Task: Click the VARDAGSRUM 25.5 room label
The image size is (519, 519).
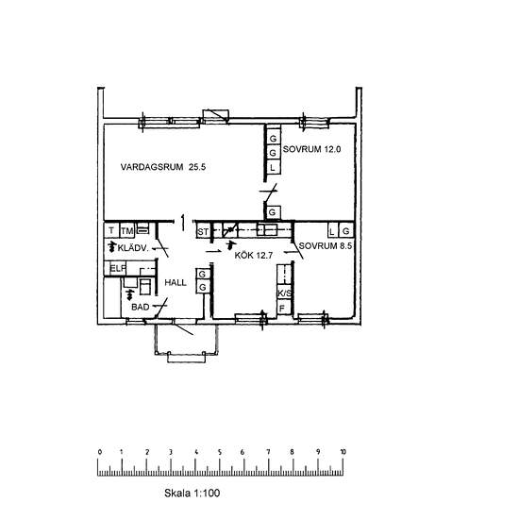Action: [163, 167]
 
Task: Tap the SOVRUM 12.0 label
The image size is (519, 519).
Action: [311, 149]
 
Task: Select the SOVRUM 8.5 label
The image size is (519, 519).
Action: [325, 246]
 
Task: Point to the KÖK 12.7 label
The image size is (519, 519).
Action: [254, 255]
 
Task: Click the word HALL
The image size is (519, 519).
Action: [176, 283]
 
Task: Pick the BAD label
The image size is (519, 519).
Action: [141, 308]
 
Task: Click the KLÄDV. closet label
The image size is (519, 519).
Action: [133, 248]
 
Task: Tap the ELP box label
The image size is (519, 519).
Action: [118, 268]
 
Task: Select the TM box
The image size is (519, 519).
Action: [126, 230]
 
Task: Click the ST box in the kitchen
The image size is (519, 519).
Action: [203, 232]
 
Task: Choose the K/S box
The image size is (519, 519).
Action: [285, 293]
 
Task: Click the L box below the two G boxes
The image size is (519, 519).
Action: [273, 167]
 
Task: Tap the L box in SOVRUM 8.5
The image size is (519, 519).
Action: [332, 231]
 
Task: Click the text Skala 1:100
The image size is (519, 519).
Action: [192, 494]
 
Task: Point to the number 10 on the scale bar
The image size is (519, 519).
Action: [343, 452]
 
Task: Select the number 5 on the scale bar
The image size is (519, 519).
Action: [220, 452]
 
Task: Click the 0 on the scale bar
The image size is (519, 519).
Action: [100, 452]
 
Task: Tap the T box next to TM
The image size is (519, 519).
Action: [111, 230]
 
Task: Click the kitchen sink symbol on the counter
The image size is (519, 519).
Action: [267, 229]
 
